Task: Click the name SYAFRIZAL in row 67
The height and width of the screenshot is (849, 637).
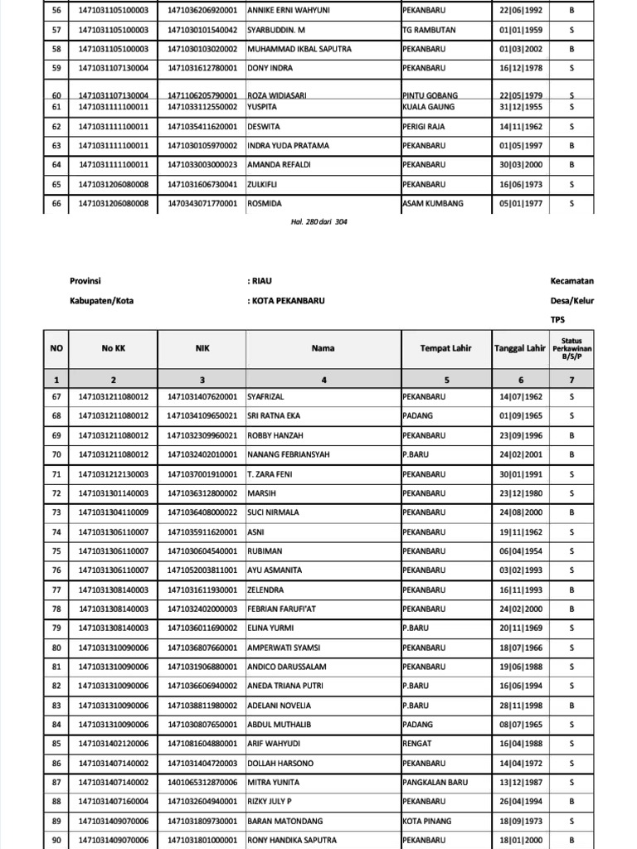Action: pyautogui.click(x=267, y=397)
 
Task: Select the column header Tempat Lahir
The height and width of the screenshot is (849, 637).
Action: pyautogui.click(x=445, y=348)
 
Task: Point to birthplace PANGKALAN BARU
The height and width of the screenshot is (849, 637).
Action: pyautogui.click(x=435, y=783)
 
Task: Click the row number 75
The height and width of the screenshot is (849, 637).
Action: pyautogui.click(x=56, y=551)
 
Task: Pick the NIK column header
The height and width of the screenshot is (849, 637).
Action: pyautogui.click(x=202, y=349)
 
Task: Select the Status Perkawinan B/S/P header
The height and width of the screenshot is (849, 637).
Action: pyautogui.click(x=571, y=349)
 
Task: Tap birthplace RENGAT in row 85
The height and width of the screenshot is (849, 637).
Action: pyautogui.click(x=416, y=745)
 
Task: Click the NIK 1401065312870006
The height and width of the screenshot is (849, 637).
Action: pyautogui.click(x=202, y=783)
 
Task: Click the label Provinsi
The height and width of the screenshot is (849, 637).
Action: pyautogui.click(x=85, y=281)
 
